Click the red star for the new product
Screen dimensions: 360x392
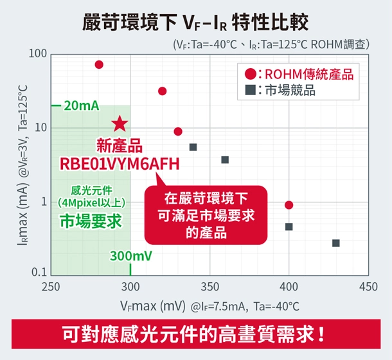[120, 124]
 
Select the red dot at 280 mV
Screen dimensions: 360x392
[99, 64]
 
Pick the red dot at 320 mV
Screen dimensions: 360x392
[162, 91]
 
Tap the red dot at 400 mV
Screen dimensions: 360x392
[289, 205]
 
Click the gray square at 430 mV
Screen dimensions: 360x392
[336, 243]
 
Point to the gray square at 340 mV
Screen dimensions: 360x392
[193, 147]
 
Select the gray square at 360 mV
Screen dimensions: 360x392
[225, 159]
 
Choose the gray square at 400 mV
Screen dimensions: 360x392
[289, 227]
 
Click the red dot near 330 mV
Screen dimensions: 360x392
[178, 132]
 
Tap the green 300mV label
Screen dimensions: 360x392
[131, 256]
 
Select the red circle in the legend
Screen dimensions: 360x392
[251, 74]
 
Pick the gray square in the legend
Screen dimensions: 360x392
[251, 90]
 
